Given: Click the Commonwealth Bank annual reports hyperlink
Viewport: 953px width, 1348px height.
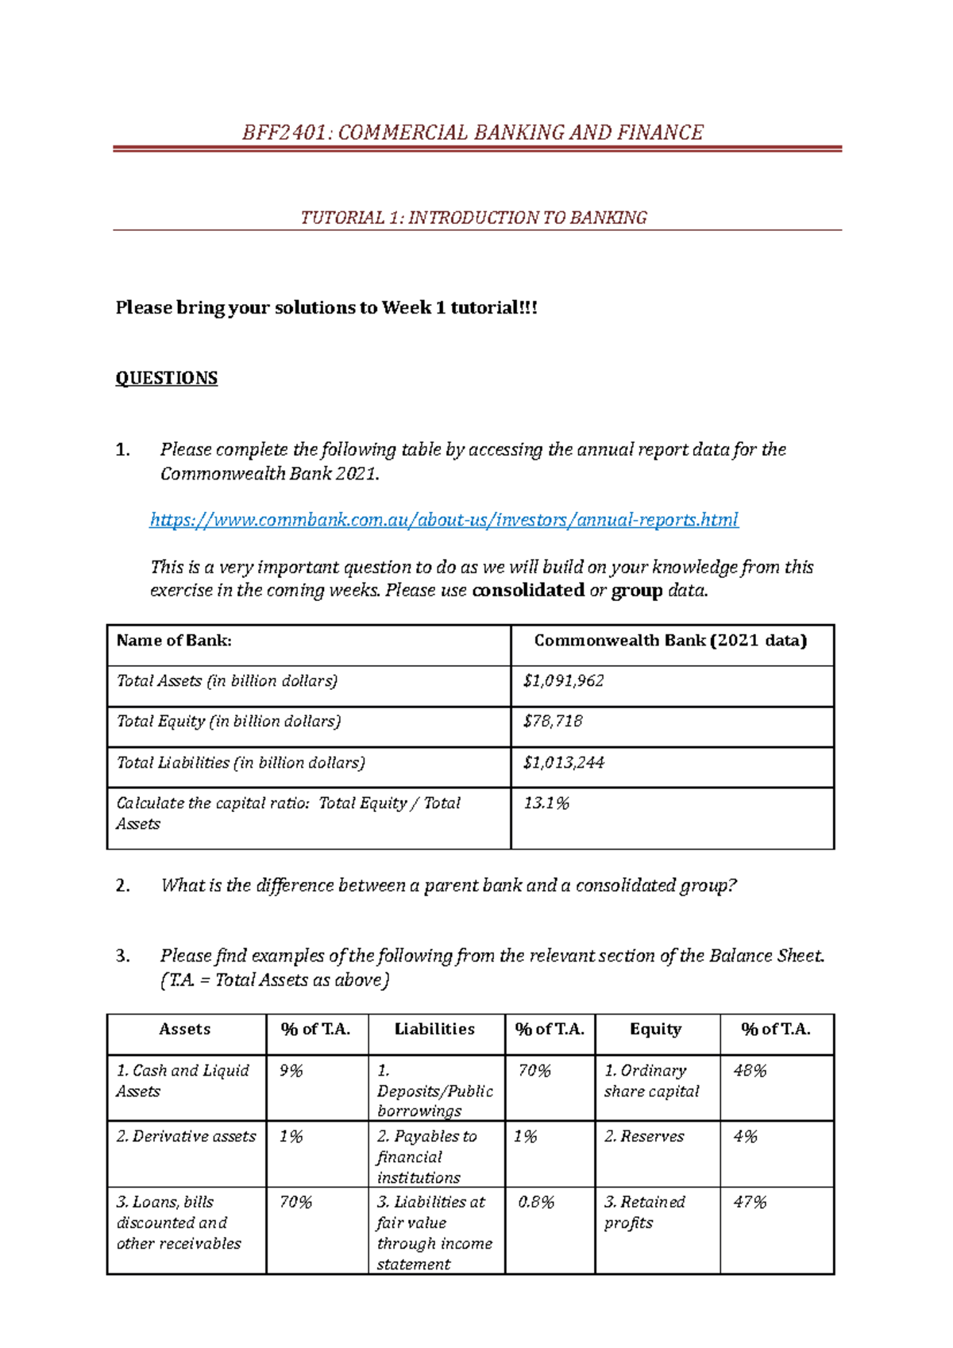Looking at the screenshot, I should click(444, 520).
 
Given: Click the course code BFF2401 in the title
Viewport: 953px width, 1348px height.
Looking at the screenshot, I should click(287, 132).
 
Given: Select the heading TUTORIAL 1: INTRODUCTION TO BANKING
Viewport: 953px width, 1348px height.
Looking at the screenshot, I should click(473, 218).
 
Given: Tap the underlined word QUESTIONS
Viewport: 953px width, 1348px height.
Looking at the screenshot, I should click(167, 378).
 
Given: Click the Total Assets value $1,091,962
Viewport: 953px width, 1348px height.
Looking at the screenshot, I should click(563, 681).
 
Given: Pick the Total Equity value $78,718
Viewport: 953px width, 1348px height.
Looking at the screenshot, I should click(553, 722).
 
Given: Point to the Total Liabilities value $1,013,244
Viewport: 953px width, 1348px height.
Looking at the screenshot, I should click(563, 763).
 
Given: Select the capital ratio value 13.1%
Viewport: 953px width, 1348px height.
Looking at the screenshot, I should click(546, 803).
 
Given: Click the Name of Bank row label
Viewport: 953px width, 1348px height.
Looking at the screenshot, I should click(174, 641).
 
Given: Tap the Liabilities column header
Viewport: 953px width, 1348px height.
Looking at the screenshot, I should click(434, 1029).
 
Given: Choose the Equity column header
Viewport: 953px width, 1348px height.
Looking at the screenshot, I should click(655, 1029).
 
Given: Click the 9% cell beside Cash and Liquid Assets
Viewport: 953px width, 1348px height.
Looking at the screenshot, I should click(291, 1071).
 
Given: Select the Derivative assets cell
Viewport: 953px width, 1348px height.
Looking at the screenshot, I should click(186, 1137).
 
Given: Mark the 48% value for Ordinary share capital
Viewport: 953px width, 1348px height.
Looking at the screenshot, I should click(750, 1071).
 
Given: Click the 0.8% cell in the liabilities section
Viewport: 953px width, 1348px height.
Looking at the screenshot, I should click(536, 1203).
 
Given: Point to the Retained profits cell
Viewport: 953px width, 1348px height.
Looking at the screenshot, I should click(644, 1212).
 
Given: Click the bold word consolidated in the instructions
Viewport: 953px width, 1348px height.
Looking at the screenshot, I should click(528, 591).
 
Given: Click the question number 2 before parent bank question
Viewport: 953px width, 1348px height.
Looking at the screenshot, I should click(122, 886).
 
